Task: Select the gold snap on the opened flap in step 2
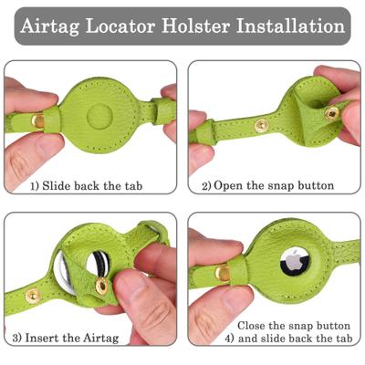pyautogui.click(x=330, y=113)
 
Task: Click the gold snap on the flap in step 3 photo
pyautogui.click(x=102, y=286)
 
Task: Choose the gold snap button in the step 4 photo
pyautogui.click(x=223, y=271)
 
